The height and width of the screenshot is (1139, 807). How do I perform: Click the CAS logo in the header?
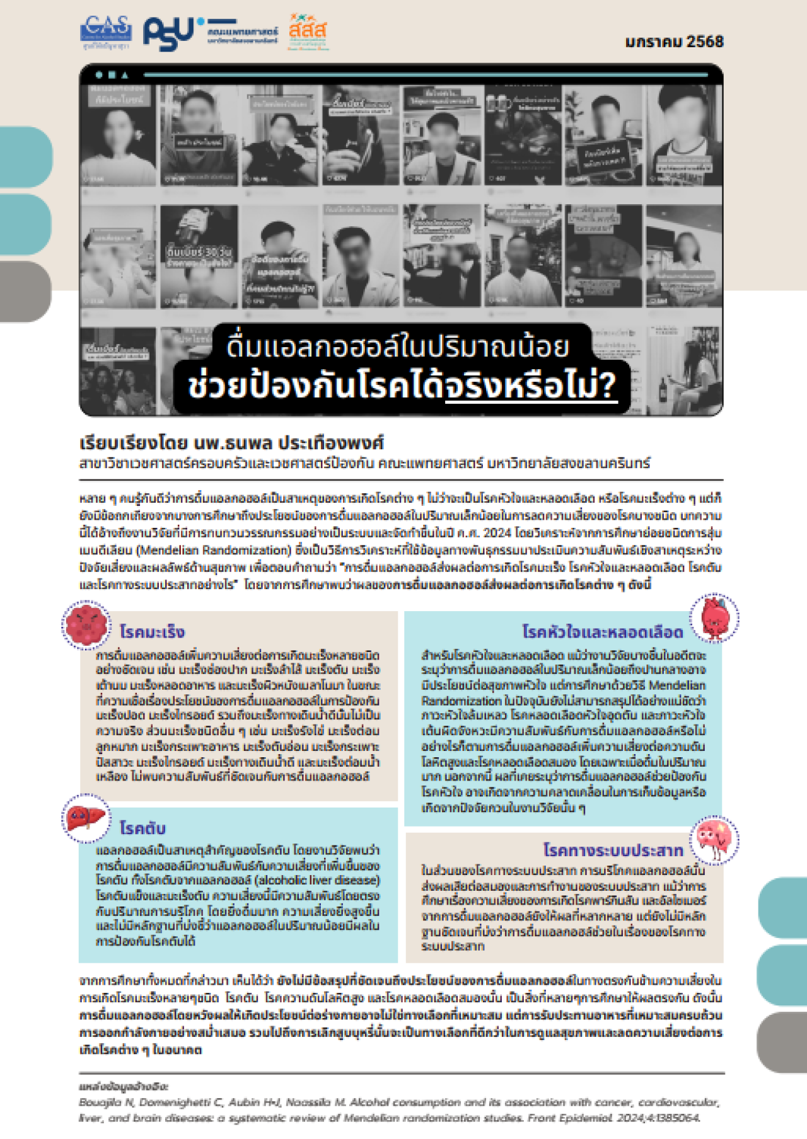click(x=105, y=32)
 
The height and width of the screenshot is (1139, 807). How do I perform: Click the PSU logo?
click(x=169, y=33)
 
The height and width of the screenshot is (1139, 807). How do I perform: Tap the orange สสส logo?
click(x=308, y=32)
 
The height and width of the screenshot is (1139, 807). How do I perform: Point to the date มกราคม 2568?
click(x=674, y=42)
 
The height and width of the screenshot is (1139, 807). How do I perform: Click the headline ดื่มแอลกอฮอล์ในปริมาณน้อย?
click(x=398, y=346)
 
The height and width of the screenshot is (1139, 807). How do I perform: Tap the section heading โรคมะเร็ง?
click(x=152, y=631)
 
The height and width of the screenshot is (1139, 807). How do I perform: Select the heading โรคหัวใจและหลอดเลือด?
click(x=602, y=631)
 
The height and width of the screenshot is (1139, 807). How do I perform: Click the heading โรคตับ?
click(x=142, y=828)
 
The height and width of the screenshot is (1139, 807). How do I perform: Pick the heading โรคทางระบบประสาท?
click(x=613, y=850)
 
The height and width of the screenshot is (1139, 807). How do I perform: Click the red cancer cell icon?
click(x=86, y=625)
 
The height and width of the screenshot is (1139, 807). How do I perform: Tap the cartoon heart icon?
click(x=714, y=617)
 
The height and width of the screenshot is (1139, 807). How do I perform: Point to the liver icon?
click(x=86, y=818)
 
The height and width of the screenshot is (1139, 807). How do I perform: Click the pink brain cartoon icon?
click(x=714, y=840)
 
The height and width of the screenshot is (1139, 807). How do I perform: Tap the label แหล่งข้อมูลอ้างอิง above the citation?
click(x=124, y=1087)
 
